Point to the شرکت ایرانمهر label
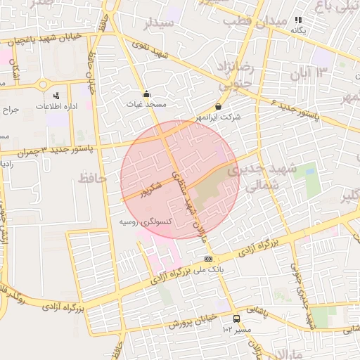point(220,117)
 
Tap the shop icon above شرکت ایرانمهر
point(219,107)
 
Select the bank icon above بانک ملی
point(207,259)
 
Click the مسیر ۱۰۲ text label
point(236,329)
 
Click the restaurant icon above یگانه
point(298,21)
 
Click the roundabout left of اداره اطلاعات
point(44,84)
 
